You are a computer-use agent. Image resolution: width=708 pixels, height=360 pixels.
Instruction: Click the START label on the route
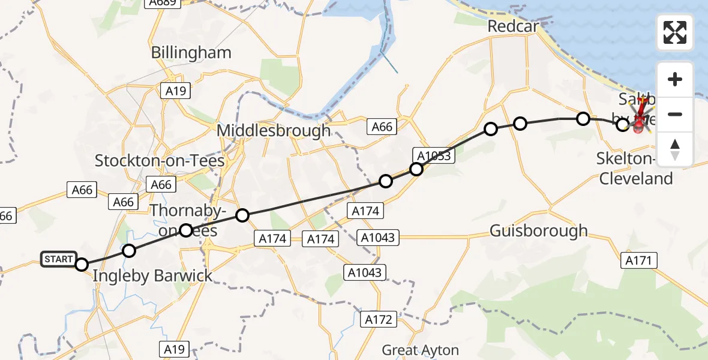(58, 259)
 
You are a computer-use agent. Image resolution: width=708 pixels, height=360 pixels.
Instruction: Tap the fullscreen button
(675, 32)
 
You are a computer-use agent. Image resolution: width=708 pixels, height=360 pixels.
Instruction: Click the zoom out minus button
(675, 114)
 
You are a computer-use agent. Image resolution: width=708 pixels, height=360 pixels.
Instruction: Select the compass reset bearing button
(675, 149)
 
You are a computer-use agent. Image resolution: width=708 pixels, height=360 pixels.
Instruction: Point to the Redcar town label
(513, 26)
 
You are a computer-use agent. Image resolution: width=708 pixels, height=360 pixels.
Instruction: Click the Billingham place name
(191, 52)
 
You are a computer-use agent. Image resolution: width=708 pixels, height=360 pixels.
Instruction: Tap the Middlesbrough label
(274, 130)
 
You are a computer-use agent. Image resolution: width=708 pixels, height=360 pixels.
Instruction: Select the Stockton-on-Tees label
(160, 161)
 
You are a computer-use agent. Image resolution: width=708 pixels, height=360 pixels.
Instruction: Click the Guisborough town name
(539, 230)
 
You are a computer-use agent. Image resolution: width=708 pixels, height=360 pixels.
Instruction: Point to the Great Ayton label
(421, 350)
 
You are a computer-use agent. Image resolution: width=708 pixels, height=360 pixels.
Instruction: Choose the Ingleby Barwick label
(153, 276)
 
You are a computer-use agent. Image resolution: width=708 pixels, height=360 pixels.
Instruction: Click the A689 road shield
(163, 3)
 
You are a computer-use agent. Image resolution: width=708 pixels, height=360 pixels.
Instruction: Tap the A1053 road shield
(434, 156)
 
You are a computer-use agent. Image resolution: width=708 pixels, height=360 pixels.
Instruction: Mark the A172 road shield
(379, 320)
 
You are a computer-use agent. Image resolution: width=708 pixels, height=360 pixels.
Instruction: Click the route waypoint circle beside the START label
(82, 265)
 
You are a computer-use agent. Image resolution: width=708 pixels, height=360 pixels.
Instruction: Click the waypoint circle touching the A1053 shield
(416, 169)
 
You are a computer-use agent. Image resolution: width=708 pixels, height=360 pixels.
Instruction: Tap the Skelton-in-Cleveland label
(634, 169)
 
